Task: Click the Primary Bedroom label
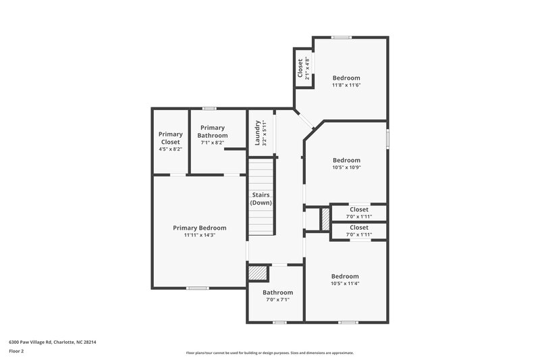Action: pyautogui.click(x=199, y=228)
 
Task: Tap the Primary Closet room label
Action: pyautogui.click(x=170, y=134)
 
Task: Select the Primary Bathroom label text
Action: pyautogui.click(x=212, y=131)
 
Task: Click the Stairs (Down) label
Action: pyautogui.click(x=261, y=199)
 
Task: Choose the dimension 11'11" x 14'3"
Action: pyautogui.click(x=199, y=236)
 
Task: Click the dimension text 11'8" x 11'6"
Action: pyautogui.click(x=346, y=85)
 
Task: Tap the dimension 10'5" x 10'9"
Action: pyautogui.click(x=346, y=168)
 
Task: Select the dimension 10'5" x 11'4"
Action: pyautogui.click(x=345, y=284)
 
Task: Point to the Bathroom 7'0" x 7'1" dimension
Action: pyautogui.click(x=277, y=300)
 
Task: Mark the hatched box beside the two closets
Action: pyautogui.click(x=324, y=218)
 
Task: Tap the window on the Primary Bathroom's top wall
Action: pyautogui.click(x=209, y=108)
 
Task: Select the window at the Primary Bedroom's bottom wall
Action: pyautogui.click(x=197, y=288)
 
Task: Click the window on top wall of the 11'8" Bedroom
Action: pyautogui.click(x=342, y=37)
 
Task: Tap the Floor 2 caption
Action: pyautogui.click(x=17, y=351)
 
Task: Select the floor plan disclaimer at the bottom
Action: pyautogui.click(x=269, y=353)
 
